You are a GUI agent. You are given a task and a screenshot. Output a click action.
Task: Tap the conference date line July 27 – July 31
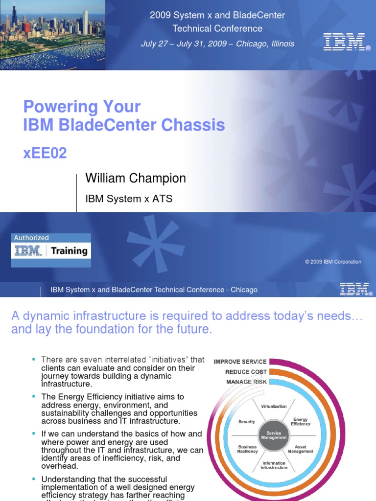point(217,44)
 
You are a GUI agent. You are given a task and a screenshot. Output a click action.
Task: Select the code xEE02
point(45,153)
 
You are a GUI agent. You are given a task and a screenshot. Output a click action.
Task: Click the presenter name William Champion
point(136,178)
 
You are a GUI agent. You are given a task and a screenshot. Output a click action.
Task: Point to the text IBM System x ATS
point(129,199)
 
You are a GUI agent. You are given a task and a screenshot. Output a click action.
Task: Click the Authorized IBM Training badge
point(51,250)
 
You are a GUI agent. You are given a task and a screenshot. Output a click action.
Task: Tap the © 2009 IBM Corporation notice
point(333,262)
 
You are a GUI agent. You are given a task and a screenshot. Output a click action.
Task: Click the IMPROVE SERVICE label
point(240,362)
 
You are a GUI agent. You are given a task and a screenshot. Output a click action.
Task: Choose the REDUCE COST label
point(246,372)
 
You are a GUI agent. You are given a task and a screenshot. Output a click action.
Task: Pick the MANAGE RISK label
point(246,382)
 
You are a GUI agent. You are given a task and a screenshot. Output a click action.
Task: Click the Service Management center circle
point(274,435)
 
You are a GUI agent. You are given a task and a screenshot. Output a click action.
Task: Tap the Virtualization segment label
point(274,406)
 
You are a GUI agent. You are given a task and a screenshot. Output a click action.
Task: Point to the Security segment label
point(246,421)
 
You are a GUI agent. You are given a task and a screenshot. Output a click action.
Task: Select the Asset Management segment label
point(301,449)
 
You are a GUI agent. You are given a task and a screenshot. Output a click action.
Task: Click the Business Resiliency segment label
point(247,449)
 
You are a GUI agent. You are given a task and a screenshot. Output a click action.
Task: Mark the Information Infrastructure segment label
point(274,465)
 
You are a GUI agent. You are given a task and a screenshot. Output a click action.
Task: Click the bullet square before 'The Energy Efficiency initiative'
point(34,397)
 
